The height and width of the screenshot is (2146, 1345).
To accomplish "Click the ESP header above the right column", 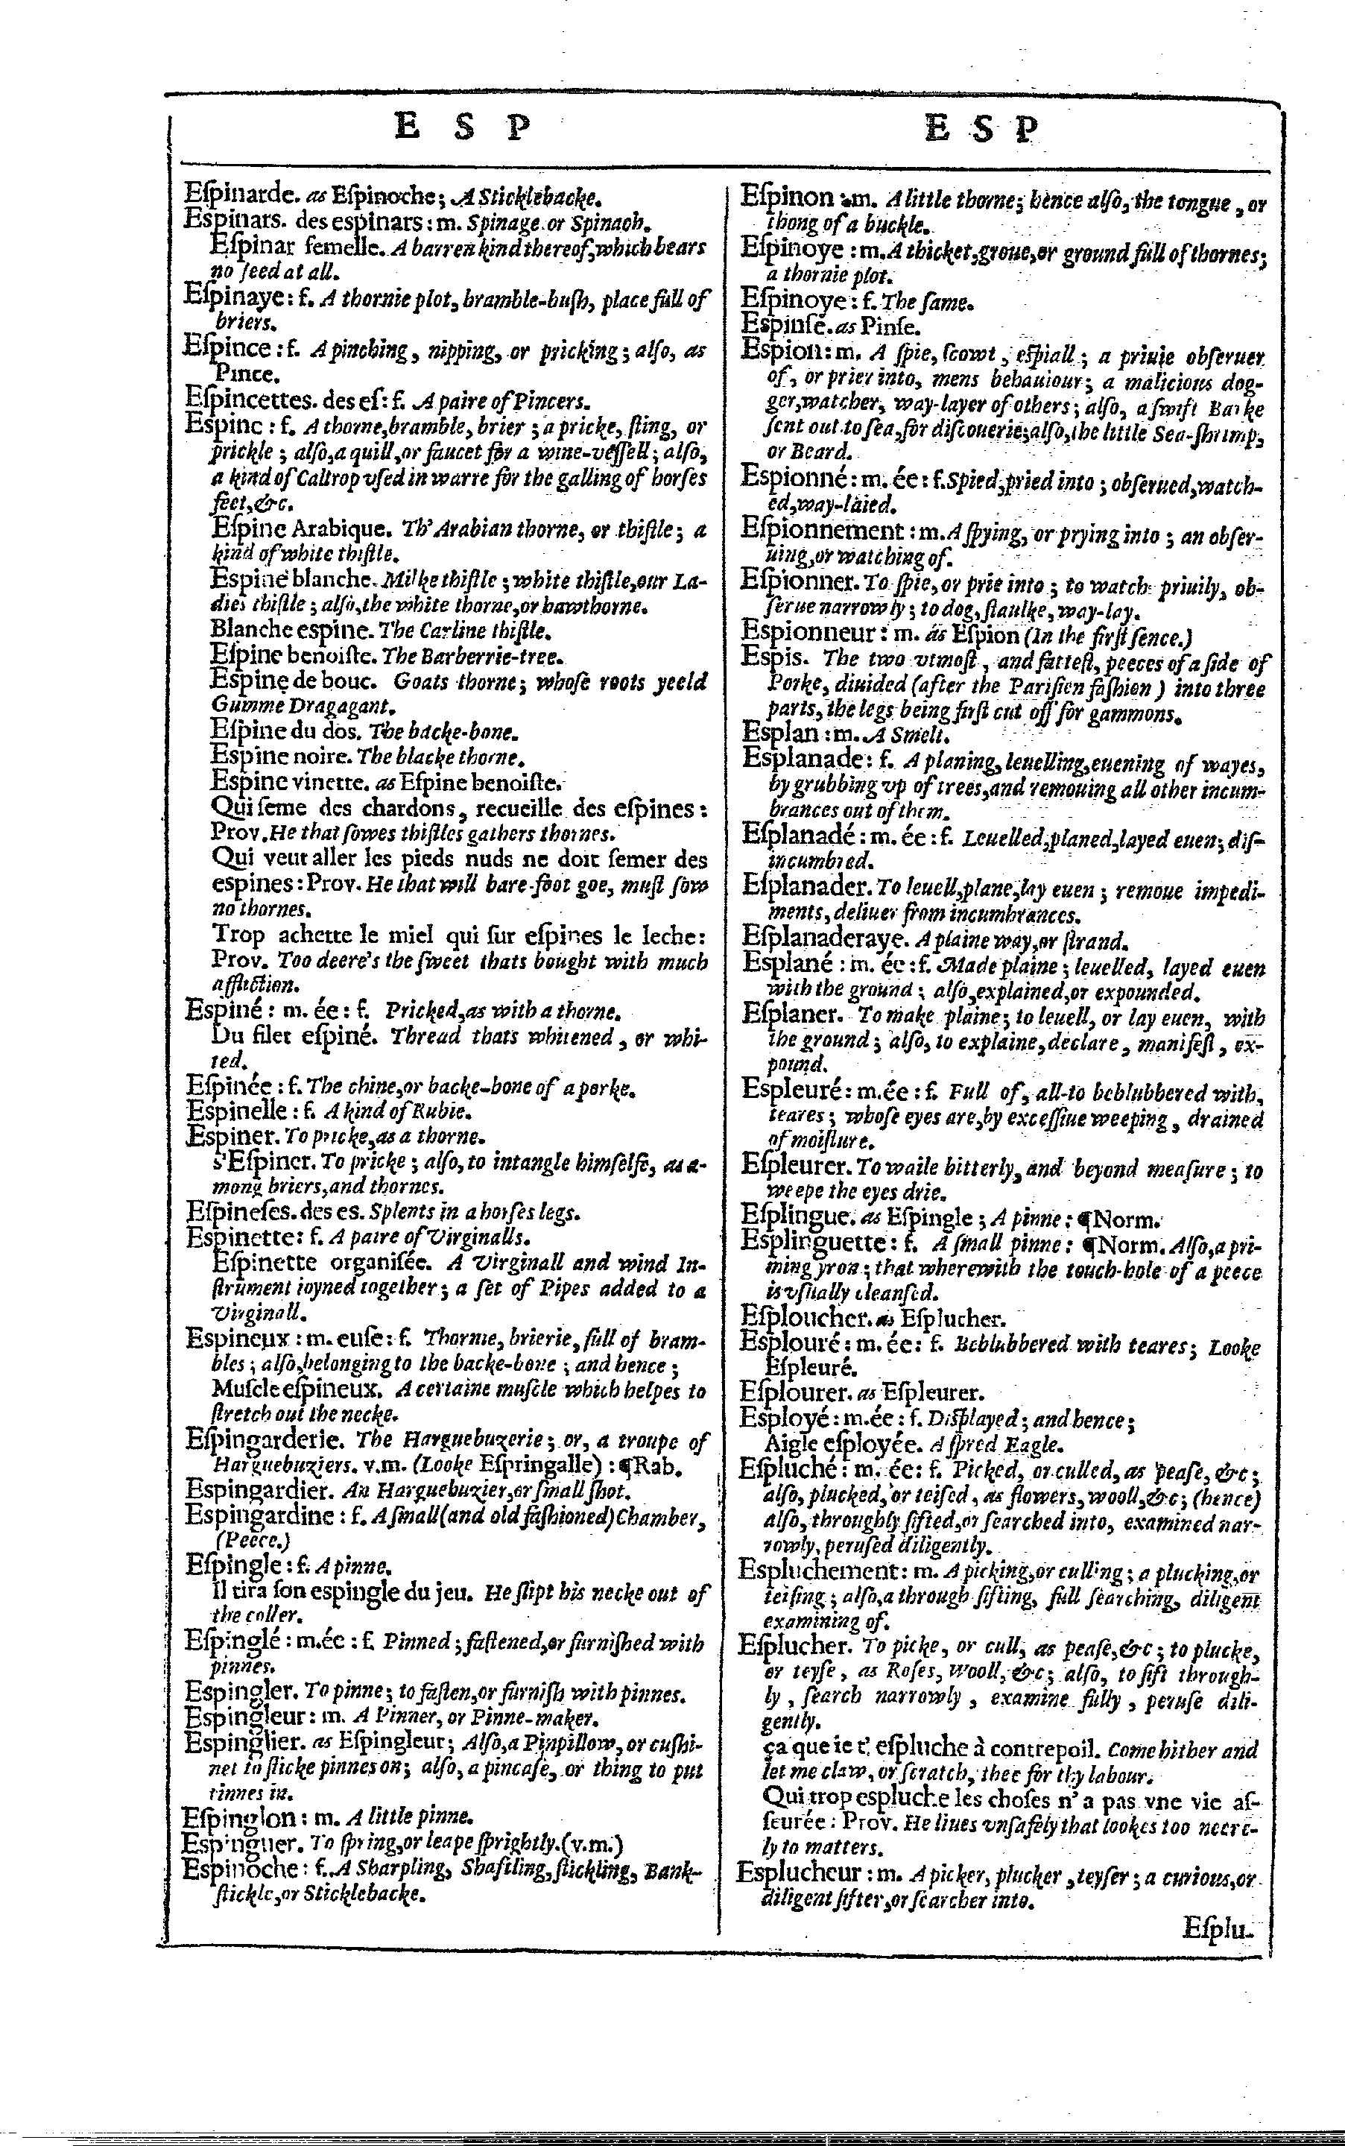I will point(983,130).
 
